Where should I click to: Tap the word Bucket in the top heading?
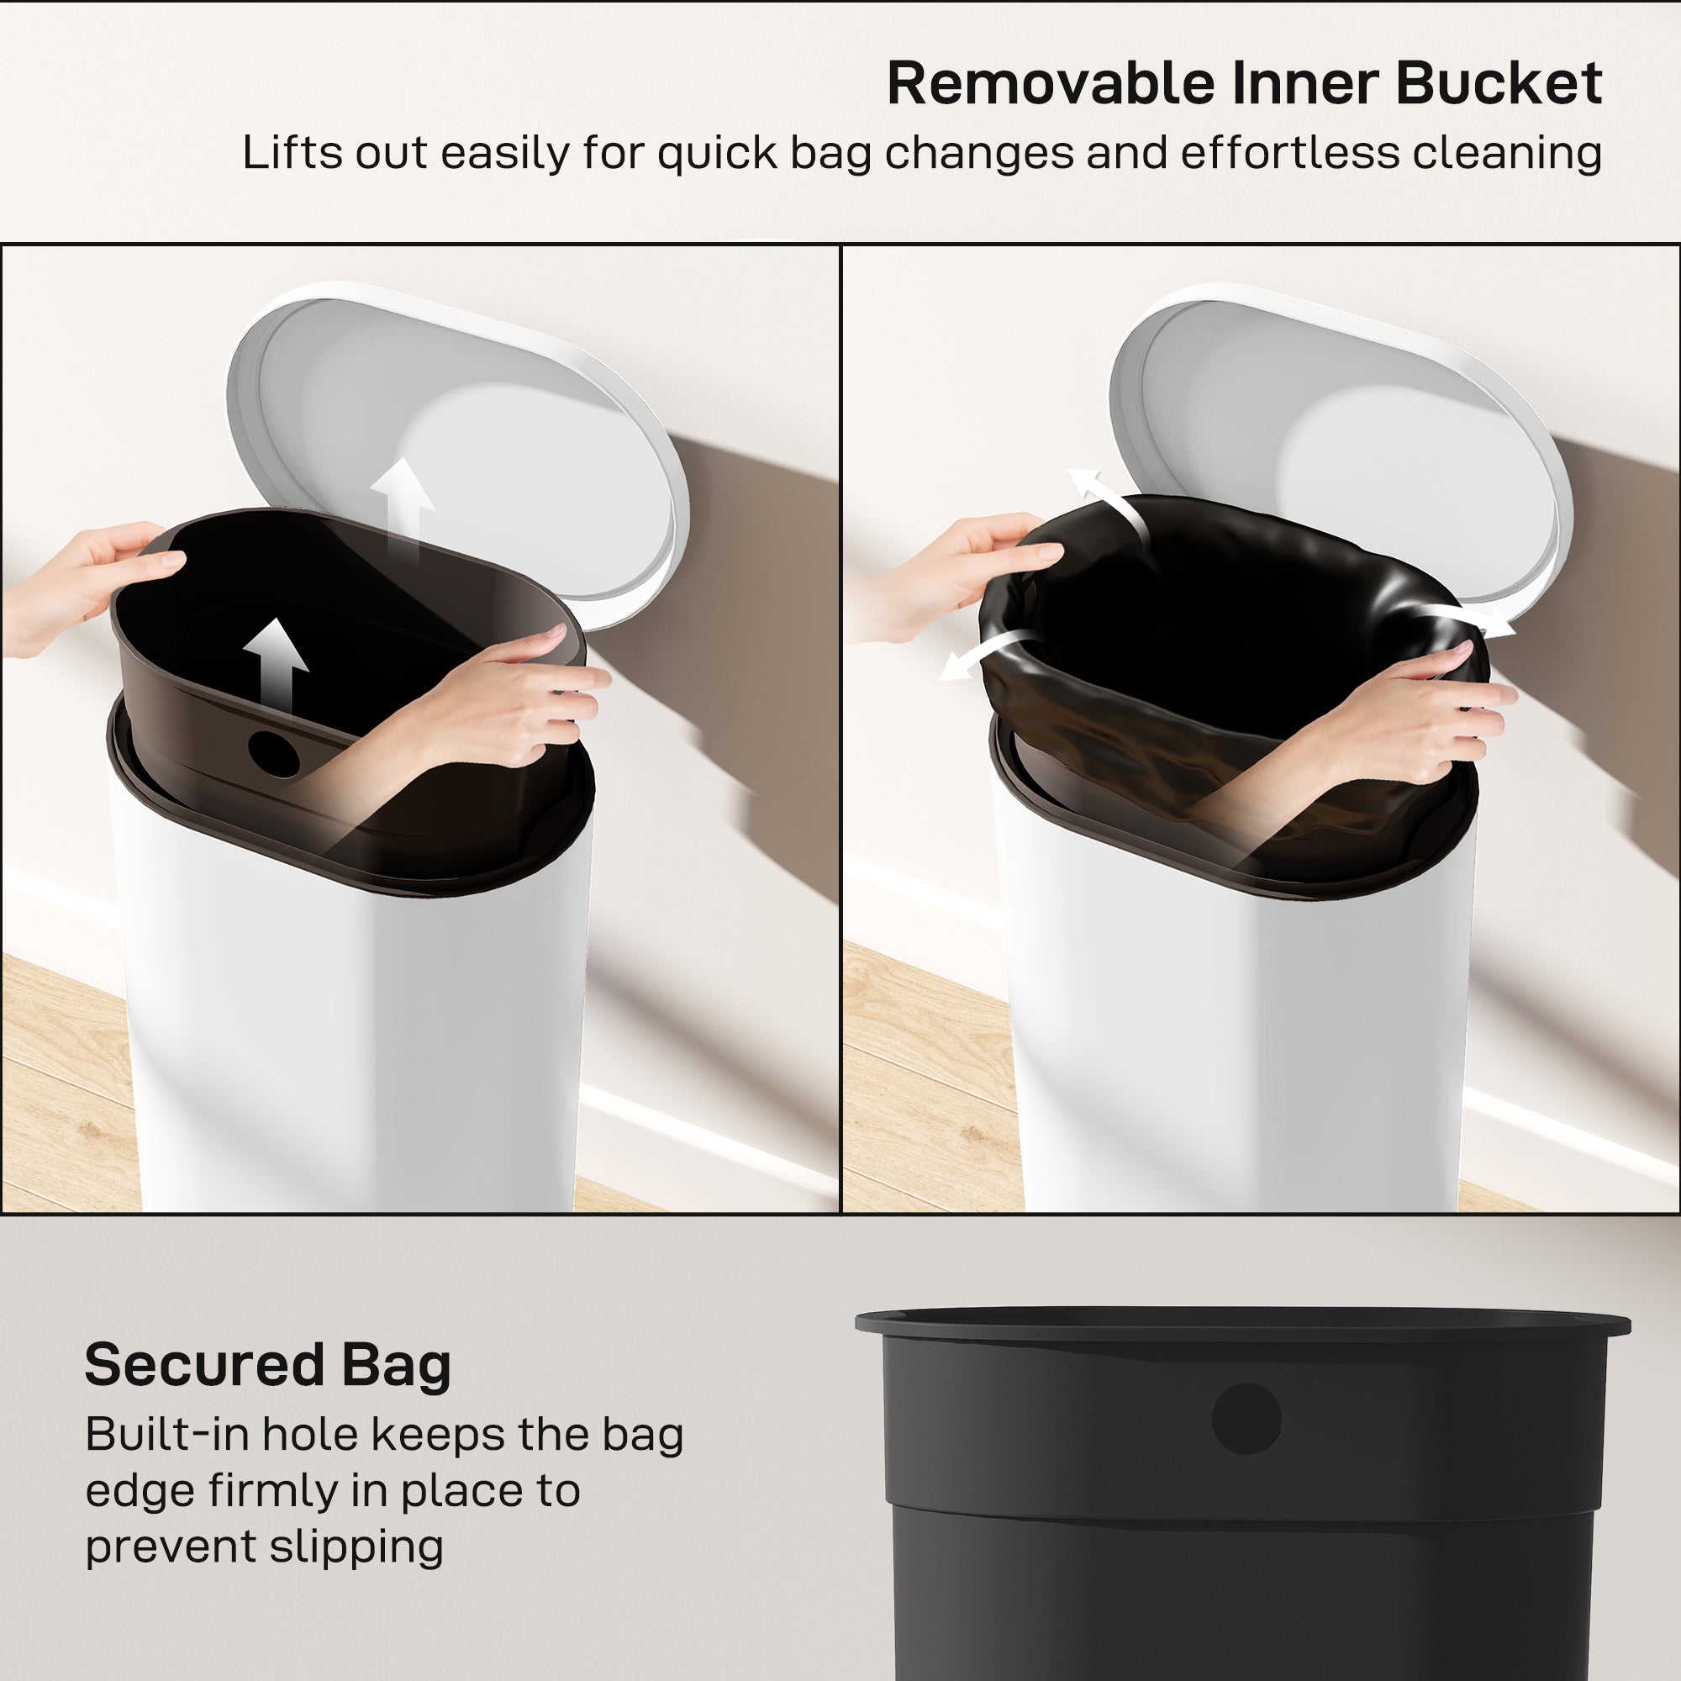tap(1499, 84)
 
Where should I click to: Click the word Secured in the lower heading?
tap(203, 1365)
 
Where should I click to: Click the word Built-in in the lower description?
tap(166, 1434)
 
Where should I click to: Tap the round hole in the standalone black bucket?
tap(1246, 1419)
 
